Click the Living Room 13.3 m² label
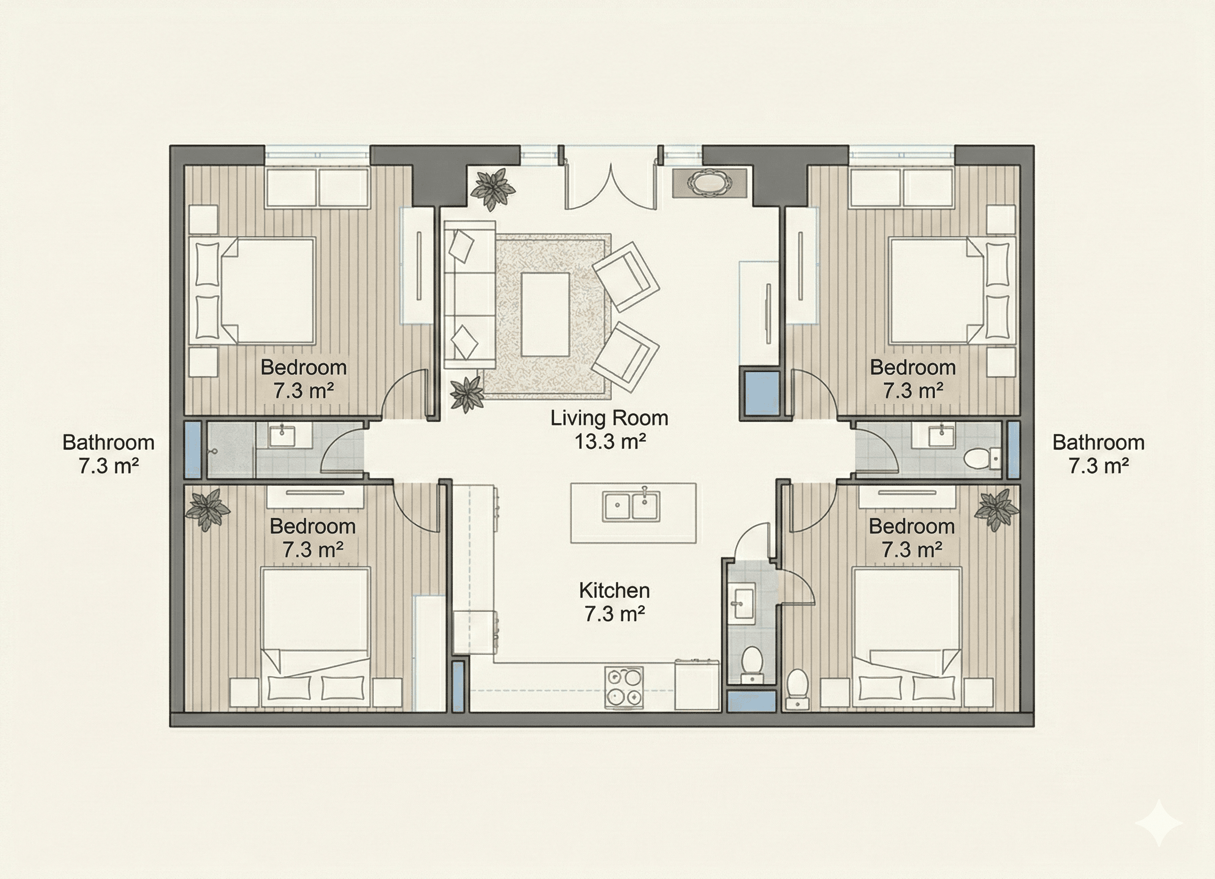click(x=609, y=430)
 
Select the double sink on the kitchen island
click(x=630, y=505)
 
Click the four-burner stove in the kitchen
click(x=624, y=687)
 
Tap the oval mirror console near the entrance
click(x=709, y=183)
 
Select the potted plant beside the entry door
click(x=492, y=188)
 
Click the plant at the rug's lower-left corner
click(x=466, y=394)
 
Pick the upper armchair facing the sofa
click(x=624, y=276)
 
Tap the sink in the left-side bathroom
click(x=282, y=435)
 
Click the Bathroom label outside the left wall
click(x=108, y=453)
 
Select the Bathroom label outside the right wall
click(x=1098, y=453)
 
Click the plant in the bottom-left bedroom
click(x=207, y=509)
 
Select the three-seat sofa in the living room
click(x=470, y=295)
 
